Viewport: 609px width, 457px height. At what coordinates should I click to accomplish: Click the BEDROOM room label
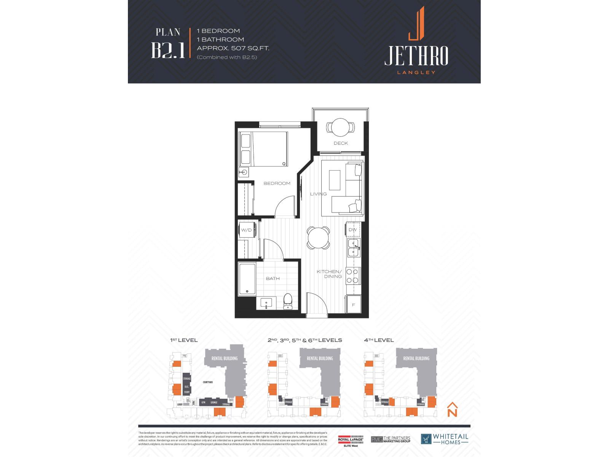pyautogui.click(x=277, y=183)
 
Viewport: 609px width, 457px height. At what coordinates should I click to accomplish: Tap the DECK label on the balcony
pyautogui.click(x=341, y=143)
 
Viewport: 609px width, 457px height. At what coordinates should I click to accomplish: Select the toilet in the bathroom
pyautogui.click(x=287, y=302)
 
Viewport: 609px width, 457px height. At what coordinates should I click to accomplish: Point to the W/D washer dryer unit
pyautogui.click(x=247, y=230)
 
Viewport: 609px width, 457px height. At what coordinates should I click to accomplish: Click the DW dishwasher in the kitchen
pyautogui.click(x=353, y=230)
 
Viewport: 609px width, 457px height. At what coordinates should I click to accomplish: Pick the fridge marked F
pyautogui.click(x=353, y=305)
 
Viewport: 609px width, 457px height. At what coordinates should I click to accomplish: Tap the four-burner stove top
pyautogui.click(x=352, y=276)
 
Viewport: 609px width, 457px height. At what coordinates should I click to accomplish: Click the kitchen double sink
pyautogui.click(x=353, y=248)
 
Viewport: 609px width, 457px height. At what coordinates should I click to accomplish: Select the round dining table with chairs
pyautogui.click(x=318, y=238)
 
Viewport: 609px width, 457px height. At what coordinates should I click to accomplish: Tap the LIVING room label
pyautogui.click(x=318, y=194)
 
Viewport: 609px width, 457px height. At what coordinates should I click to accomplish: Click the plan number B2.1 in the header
pyautogui.click(x=168, y=50)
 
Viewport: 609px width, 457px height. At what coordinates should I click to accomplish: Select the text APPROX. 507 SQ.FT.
pyautogui.click(x=233, y=48)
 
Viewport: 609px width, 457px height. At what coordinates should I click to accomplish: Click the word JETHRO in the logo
pyautogui.click(x=416, y=56)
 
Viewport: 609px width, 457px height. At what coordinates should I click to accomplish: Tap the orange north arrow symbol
pyautogui.click(x=452, y=409)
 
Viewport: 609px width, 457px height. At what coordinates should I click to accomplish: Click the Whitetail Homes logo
pyautogui.click(x=445, y=439)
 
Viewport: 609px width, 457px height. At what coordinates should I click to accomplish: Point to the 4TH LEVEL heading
pyautogui.click(x=379, y=340)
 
